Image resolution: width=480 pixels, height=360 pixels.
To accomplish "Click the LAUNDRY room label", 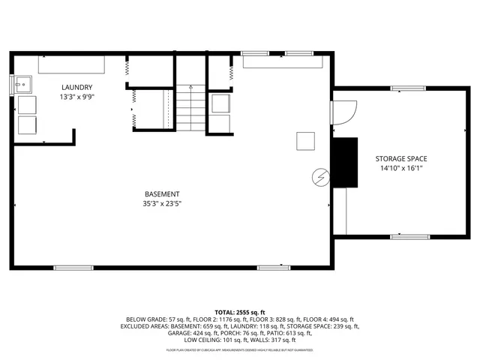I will point(76,87).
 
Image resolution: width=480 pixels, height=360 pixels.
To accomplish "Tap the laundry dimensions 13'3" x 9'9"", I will point(76,97).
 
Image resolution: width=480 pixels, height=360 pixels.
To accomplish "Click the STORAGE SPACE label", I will point(401,159).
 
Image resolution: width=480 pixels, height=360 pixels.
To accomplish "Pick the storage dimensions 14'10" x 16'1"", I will point(401,169).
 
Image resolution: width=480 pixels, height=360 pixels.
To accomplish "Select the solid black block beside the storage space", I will point(346,163).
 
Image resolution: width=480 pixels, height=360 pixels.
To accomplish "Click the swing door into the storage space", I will point(342,112).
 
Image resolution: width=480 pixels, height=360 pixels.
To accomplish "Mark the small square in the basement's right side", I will point(305,141).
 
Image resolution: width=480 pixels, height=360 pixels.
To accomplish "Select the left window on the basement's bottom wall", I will point(73,267).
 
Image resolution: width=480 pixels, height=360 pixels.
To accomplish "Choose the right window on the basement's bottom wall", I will point(274,267).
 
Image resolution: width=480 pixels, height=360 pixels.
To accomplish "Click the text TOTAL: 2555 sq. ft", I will point(240,312).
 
